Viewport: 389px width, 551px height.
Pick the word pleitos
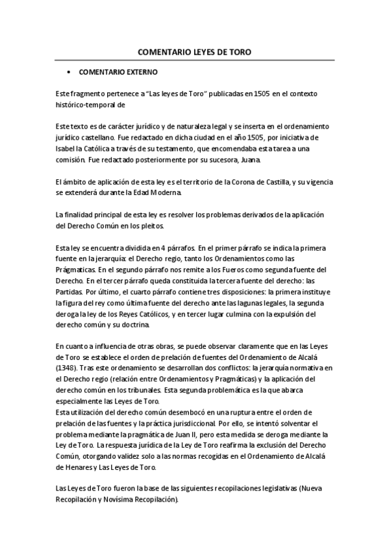point(153,225)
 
